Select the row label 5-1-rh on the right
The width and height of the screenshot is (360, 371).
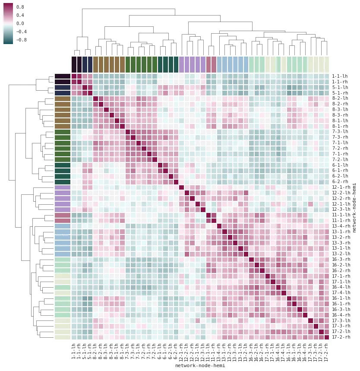pos(340,93)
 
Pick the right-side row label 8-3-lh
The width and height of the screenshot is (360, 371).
pos(340,109)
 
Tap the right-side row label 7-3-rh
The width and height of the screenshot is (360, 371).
pos(340,136)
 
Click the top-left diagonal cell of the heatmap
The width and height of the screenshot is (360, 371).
pos(74,76)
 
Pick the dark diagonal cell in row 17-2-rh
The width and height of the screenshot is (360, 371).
pos(327,337)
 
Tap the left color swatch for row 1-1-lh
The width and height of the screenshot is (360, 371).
pos(63,76)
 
